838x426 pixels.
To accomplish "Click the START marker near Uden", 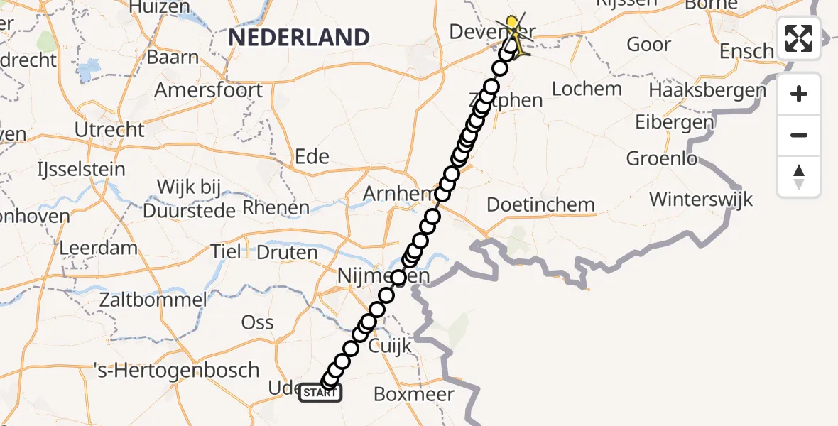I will (321, 393).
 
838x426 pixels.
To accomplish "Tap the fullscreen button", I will (799, 38).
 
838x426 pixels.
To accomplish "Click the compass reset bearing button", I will (799, 177).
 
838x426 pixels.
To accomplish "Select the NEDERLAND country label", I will (299, 37).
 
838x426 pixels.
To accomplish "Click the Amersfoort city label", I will (208, 91).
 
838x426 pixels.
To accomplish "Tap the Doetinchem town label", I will (540, 205).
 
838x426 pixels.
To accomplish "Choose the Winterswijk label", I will (701, 198).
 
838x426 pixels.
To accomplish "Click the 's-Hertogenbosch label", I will (177, 371).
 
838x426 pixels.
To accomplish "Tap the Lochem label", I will (587, 89).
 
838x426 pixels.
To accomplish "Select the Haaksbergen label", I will (707, 91).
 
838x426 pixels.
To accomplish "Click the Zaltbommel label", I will (154, 299).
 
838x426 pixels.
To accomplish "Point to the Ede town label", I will (311, 156).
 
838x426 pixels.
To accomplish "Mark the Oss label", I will (257, 322).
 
